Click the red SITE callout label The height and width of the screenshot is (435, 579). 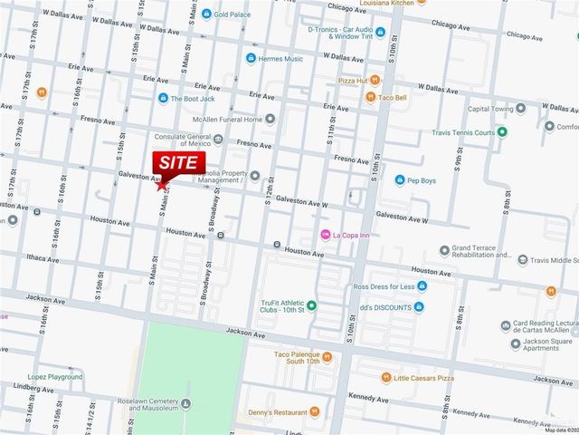[179, 161]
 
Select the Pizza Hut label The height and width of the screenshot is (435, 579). [352, 81]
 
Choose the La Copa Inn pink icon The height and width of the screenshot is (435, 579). [326, 236]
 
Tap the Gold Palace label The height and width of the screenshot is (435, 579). [233, 14]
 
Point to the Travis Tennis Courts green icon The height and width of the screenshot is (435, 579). [503, 132]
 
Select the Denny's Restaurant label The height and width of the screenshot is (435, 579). [283, 413]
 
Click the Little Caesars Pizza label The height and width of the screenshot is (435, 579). [430, 377]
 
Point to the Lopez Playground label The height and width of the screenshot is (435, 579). [55, 375]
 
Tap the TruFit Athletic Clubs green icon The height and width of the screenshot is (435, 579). [312, 304]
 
